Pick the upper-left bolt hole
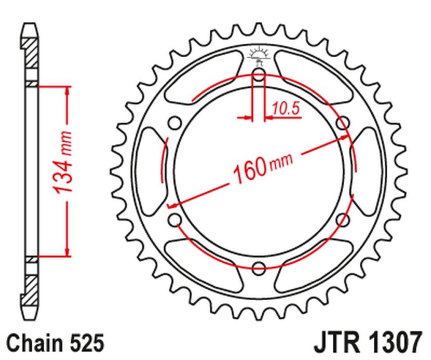pyautogui.click(x=175, y=123)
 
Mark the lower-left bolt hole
pyautogui.click(x=175, y=219)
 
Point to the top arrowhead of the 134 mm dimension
pyautogui.click(x=66, y=89)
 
